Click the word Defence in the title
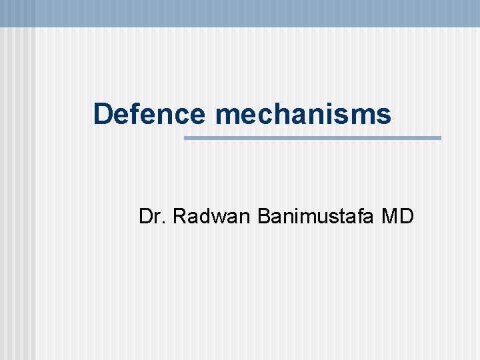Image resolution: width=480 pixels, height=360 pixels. point(149,114)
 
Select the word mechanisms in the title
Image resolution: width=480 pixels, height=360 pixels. point(303,114)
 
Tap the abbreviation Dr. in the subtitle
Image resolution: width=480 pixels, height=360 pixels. point(153,216)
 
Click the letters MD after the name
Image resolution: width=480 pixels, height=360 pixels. point(399,216)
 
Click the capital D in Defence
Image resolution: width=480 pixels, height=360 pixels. point(103,114)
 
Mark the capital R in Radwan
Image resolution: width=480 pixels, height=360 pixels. point(179,216)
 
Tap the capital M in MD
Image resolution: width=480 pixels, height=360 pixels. point(391,216)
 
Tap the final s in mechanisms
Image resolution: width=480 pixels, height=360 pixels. point(385,115)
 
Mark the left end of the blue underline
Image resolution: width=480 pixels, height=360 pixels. point(185,138)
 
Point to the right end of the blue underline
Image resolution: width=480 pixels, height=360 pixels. point(440,138)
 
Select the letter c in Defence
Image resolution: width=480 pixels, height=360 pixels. point(182,115)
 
